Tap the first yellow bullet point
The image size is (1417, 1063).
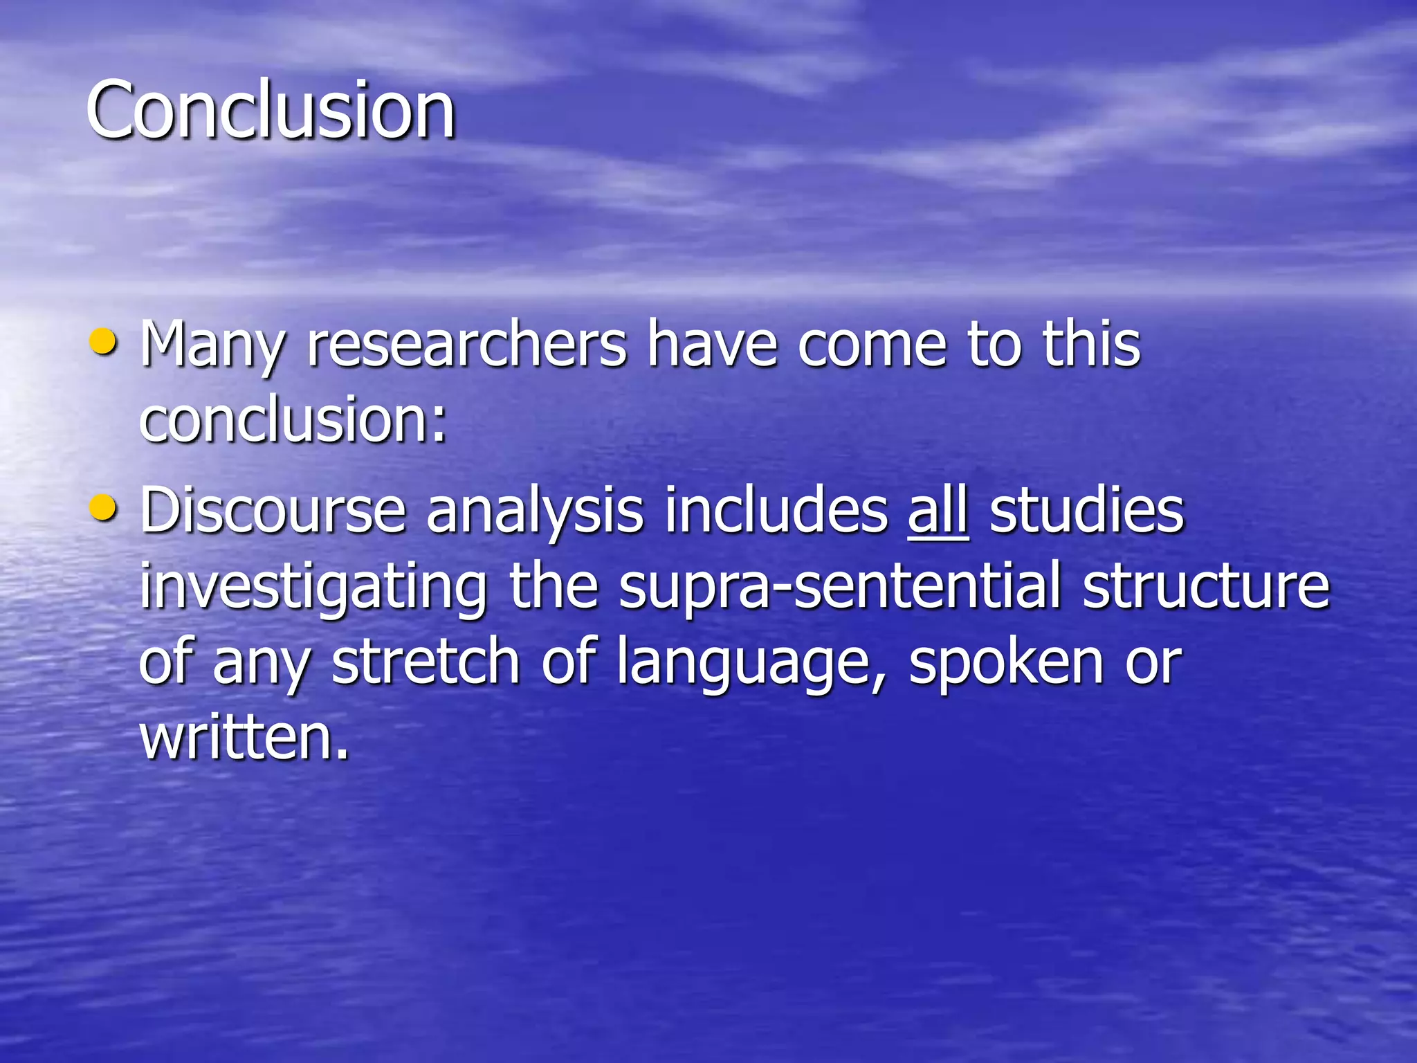coord(104,342)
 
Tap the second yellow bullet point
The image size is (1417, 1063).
coord(104,509)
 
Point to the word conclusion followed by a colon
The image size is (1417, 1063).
coord(293,420)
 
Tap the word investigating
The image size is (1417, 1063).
coord(313,588)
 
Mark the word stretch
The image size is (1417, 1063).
coord(426,662)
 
